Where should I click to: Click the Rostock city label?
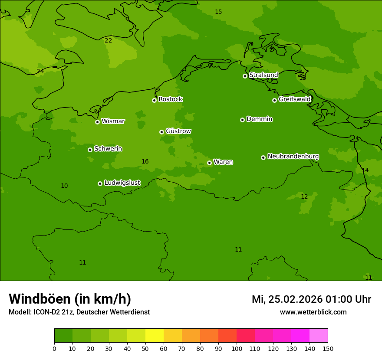point(170,99)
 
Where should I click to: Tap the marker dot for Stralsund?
point(245,76)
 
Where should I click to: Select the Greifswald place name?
point(294,99)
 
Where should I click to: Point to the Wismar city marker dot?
point(97,122)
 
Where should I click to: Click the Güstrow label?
point(178,131)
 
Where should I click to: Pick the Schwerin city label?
point(108,149)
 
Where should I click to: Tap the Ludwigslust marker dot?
point(100,183)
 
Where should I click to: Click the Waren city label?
point(223,162)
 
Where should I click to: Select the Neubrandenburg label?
point(293,156)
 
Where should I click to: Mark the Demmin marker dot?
point(242,120)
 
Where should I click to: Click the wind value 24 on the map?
point(40,71)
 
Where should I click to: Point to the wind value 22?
point(108,40)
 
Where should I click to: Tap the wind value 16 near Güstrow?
point(145,161)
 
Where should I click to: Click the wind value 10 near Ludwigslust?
point(64,186)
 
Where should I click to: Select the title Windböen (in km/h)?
point(69,299)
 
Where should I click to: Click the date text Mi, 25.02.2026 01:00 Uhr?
point(311,299)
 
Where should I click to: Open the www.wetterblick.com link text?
point(313,312)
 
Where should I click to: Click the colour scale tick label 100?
point(237,348)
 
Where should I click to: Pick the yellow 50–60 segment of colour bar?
point(155,336)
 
